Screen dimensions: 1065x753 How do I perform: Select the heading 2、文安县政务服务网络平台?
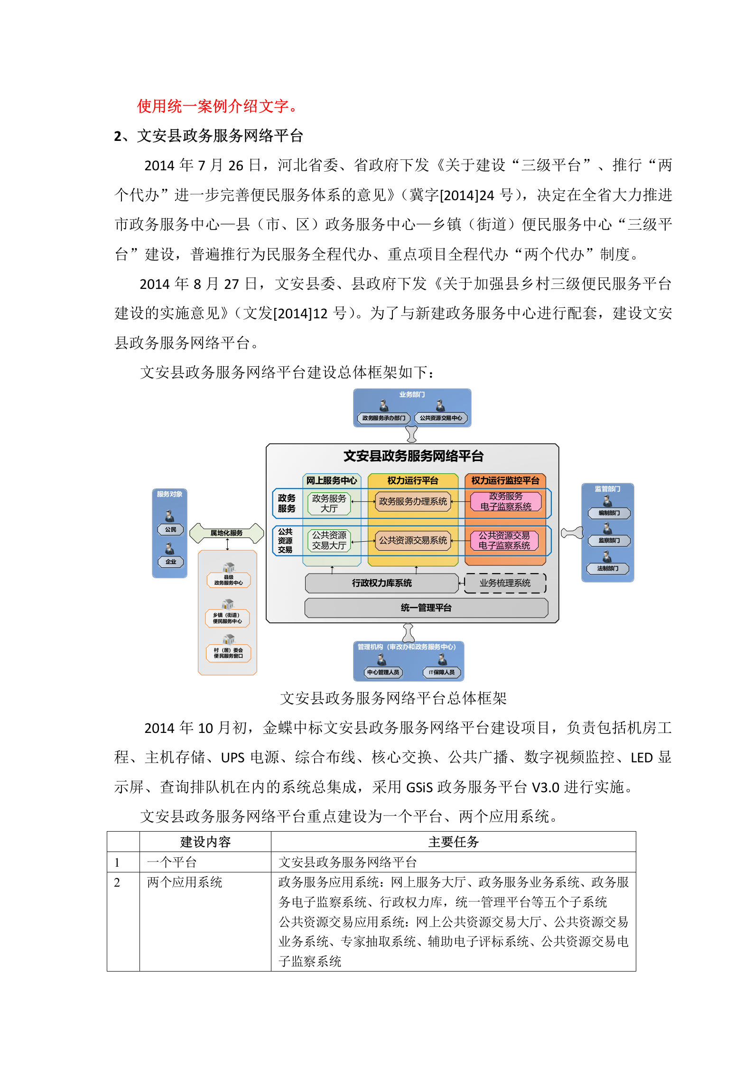click(x=208, y=136)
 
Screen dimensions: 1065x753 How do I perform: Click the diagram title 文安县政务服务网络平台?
click(x=413, y=456)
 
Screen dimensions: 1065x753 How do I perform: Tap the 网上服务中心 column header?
click(x=332, y=481)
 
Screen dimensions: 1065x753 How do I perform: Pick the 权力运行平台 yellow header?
click(x=413, y=481)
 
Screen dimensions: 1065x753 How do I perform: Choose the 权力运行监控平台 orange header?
click(x=505, y=481)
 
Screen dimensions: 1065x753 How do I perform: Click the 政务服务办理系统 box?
click(x=413, y=501)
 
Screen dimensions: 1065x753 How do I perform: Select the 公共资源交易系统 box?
click(x=413, y=540)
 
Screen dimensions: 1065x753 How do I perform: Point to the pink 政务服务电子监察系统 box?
click(x=506, y=501)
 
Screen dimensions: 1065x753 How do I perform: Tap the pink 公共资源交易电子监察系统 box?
click(x=504, y=540)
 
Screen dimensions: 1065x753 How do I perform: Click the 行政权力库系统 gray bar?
click(x=381, y=583)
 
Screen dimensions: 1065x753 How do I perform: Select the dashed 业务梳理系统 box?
click(x=505, y=583)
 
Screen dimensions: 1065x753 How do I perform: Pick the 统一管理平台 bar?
click(x=426, y=608)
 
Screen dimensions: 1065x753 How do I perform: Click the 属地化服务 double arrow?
click(x=226, y=533)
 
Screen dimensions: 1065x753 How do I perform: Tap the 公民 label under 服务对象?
click(x=170, y=529)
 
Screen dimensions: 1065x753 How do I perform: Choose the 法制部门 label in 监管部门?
click(x=608, y=568)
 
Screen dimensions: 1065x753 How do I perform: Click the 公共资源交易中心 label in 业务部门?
click(x=441, y=418)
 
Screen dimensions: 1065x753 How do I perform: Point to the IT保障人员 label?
click(x=442, y=672)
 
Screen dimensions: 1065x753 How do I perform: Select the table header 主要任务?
click(x=453, y=842)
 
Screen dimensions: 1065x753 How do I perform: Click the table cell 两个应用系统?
click(x=185, y=882)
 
